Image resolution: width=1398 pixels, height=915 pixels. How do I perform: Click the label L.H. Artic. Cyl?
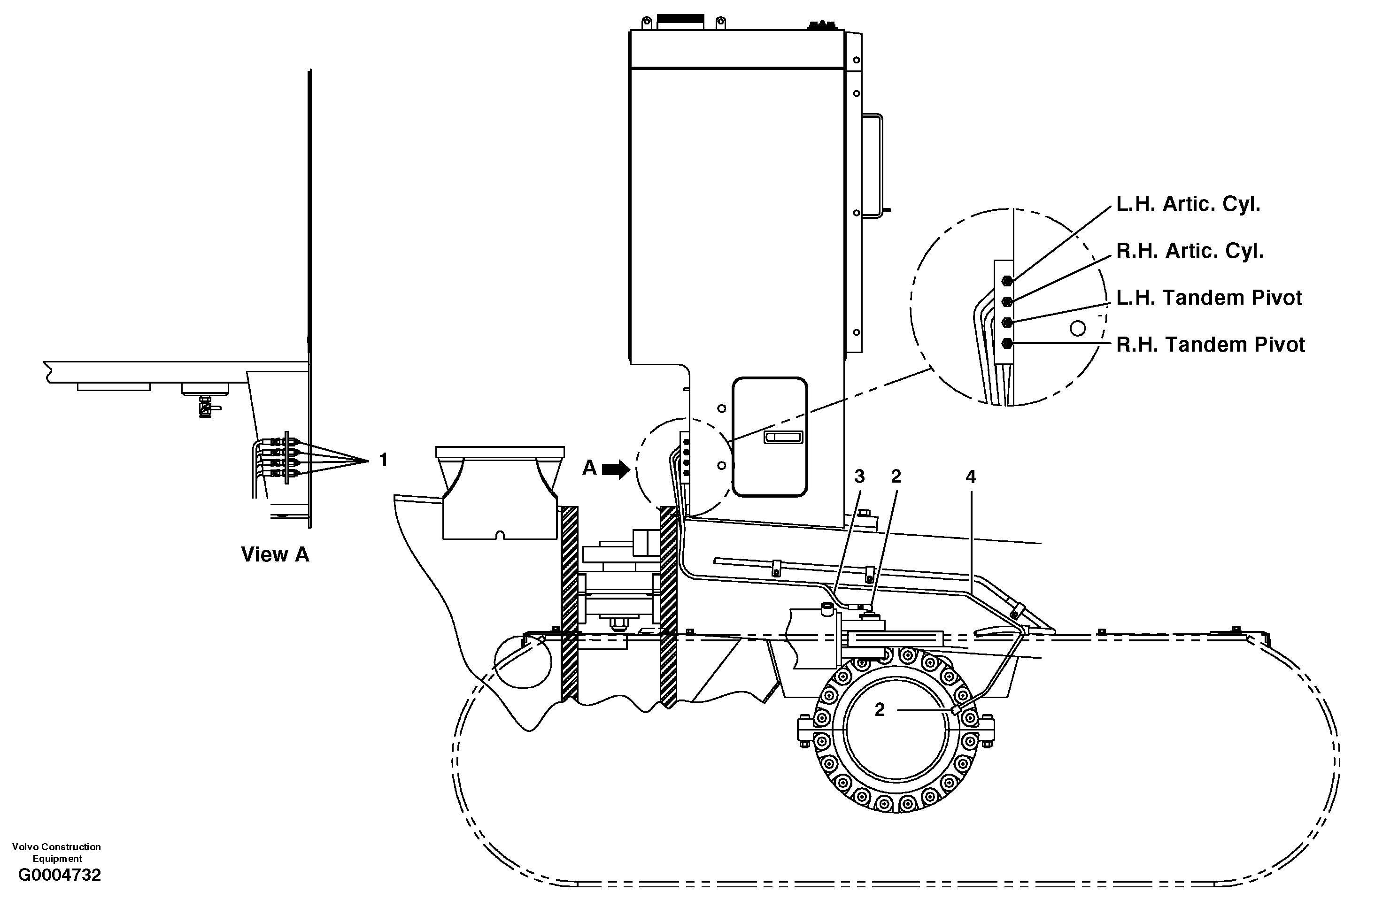click(x=1188, y=204)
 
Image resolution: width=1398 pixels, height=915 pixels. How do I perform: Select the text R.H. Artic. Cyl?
click(x=1189, y=251)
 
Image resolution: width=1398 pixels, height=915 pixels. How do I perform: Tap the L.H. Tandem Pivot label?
click(x=1209, y=298)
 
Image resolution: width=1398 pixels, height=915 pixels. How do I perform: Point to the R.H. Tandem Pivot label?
click(x=1210, y=345)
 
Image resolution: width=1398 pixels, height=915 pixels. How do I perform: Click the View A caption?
click(x=275, y=554)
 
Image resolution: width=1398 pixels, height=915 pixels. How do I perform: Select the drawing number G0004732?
click(x=59, y=875)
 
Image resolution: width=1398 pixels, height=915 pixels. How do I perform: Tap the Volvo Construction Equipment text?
click(x=56, y=852)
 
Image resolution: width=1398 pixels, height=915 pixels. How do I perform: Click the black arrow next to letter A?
click(x=616, y=469)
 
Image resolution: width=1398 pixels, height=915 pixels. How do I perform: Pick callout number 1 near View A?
click(x=384, y=460)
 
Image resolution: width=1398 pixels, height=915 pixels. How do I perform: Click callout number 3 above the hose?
click(x=859, y=477)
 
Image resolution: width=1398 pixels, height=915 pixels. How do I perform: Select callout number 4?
click(x=971, y=477)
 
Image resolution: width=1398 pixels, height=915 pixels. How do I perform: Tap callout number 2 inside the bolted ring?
click(x=880, y=710)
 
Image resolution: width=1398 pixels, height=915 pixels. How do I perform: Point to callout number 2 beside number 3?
click(x=896, y=477)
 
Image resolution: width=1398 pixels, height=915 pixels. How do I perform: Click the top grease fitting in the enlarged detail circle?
click(x=1007, y=281)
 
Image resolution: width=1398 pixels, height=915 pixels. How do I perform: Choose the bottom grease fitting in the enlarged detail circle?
click(x=1007, y=344)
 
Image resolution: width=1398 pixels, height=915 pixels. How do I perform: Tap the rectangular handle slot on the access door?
click(x=782, y=438)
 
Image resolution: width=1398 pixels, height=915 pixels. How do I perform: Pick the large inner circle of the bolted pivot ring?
click(x=896, y=728)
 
